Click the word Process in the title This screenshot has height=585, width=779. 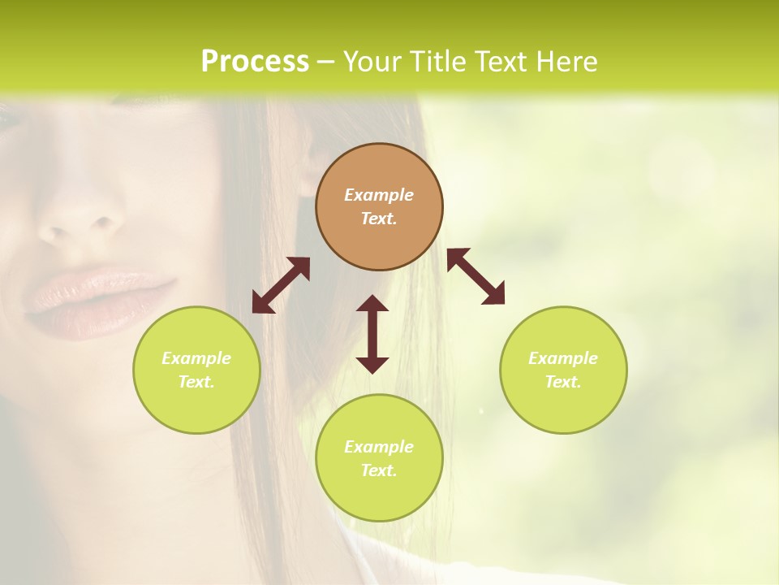coord(255,62)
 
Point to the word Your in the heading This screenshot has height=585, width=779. coord(372,62)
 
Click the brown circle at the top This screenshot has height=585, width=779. coord(379,206)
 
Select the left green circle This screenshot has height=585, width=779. coord(196,370)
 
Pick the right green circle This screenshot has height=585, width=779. coord(563,370)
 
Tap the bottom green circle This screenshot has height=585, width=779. coord(379,457)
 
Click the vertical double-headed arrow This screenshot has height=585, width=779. coord(372,334)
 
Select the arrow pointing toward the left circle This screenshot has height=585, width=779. coord(281,285)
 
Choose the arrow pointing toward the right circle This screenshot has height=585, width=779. coord(476,276)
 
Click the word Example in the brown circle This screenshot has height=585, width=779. coord(379,195)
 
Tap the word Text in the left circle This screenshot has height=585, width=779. coord(196,382)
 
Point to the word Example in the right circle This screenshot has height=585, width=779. coord(563,358)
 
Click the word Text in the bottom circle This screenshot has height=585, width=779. coord(379,470)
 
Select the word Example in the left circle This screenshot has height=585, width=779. coord(196,358)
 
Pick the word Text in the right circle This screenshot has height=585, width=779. coord(563,382)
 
